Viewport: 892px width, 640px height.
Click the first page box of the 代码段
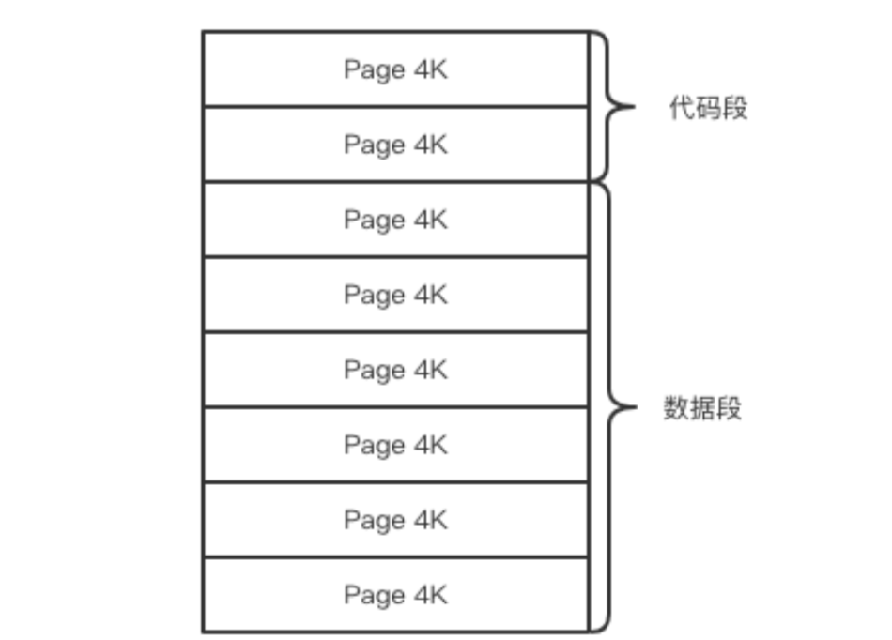pos(395,69)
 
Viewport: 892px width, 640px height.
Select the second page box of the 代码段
pos(395,145)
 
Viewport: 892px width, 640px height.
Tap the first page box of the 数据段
pos(395,220)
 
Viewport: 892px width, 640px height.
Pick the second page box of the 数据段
pos(395,295)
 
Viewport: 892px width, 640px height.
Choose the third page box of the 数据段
pos(395,370)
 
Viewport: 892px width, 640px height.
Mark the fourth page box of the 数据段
pos(395,445)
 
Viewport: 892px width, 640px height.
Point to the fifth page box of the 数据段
pos(395,520)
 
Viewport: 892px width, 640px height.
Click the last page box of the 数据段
pos(395,595)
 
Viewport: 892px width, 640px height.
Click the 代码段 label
pos(709,108)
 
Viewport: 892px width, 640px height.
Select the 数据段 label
pos(703,408)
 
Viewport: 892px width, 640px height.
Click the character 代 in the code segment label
pos(682,108)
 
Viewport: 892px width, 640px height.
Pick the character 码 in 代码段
pos(709,108)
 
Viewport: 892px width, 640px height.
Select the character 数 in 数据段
pos(677,408)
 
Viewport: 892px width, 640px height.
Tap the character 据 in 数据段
pos(703,408)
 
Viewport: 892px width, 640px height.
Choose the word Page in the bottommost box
pos(374,595)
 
